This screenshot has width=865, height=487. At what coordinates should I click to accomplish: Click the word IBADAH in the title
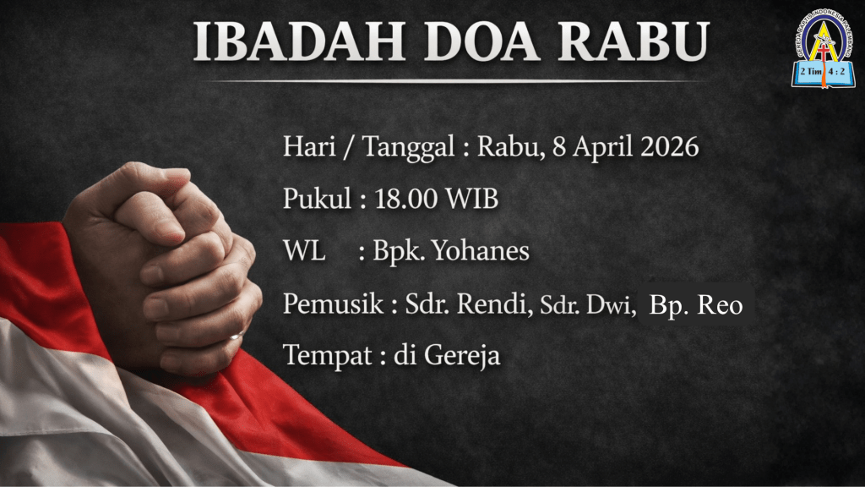pos(300,42)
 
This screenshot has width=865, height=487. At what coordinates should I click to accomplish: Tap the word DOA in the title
pos(481,42)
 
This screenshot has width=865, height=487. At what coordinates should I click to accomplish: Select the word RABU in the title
pos(633,42)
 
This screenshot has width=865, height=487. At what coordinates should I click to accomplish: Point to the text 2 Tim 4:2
pos(823,71)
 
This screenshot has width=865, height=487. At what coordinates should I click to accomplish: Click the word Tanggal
pos(408,148)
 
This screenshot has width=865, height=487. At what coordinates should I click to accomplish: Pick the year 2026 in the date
pos(670,147)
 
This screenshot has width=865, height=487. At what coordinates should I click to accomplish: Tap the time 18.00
pos(405,199)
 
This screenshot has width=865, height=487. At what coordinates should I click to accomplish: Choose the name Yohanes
pos(481,250)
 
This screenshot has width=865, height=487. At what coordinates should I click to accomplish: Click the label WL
pos(304,250)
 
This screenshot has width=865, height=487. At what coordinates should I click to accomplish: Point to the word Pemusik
pos(333,304)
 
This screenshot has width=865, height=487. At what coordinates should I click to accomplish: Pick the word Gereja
pos(462,356)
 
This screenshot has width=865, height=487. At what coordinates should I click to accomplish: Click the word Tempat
pos(327,356)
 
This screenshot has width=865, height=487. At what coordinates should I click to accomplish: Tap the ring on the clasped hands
pos(237,335)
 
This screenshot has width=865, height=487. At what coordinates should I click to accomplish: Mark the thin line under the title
pos(455,81)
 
